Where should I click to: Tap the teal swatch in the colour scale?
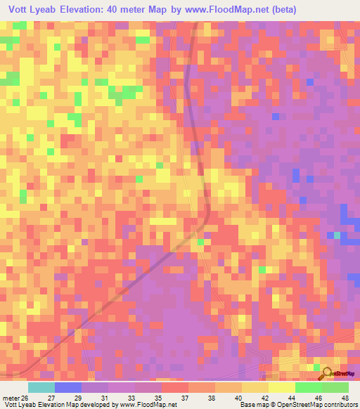click(41, 387)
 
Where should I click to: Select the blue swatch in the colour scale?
click(68, 387)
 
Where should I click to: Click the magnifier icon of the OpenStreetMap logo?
click(326, 372)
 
